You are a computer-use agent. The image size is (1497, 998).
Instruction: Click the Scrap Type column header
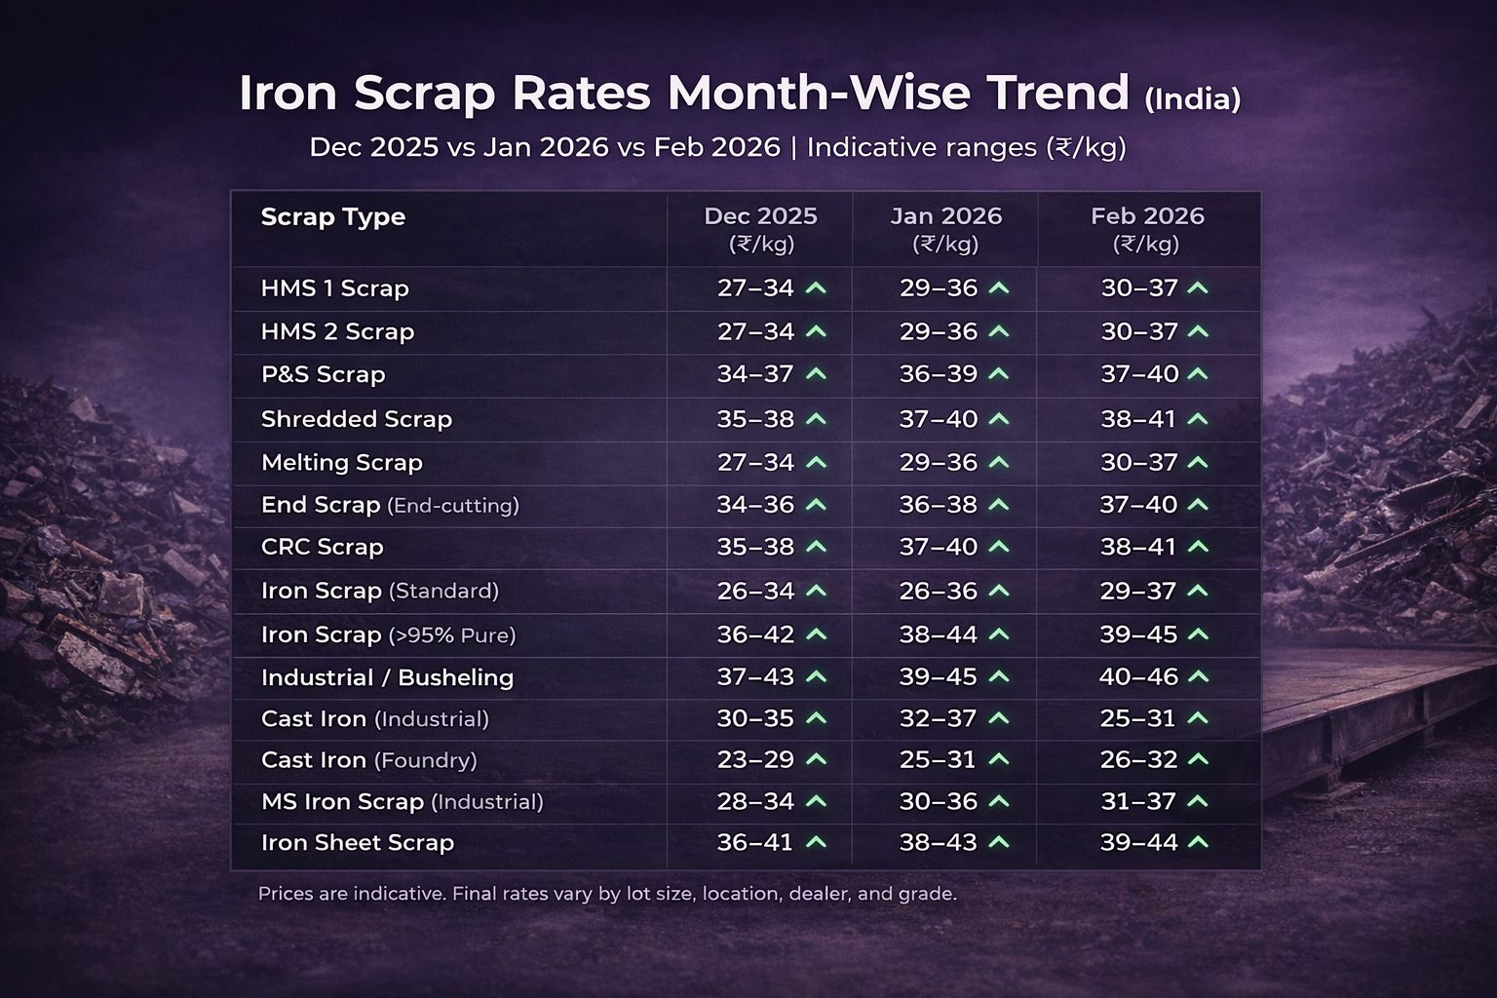332,217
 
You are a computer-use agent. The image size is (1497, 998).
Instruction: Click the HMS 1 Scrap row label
334,288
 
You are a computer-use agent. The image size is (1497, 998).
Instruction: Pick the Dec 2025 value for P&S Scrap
755,374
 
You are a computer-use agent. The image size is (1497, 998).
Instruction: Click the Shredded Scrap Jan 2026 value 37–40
938,419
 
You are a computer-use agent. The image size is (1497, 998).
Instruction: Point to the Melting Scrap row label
341,462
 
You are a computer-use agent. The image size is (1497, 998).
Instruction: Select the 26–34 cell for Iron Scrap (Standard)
755,591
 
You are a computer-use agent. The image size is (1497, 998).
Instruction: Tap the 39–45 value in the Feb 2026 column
1138,634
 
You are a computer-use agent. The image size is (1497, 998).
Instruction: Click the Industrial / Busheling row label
387,677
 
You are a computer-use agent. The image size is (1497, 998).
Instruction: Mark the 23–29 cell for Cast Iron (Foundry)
755,759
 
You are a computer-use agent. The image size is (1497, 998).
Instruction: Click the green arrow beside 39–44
1199,841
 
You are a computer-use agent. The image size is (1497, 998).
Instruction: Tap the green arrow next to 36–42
817,633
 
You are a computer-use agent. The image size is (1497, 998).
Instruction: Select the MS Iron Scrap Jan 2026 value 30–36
938,801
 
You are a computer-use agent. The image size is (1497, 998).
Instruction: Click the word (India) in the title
1192,99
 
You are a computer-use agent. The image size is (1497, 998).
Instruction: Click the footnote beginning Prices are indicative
606,893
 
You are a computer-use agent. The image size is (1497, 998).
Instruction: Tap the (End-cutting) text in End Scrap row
453,506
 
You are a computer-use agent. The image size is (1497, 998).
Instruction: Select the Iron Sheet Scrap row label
357,842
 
